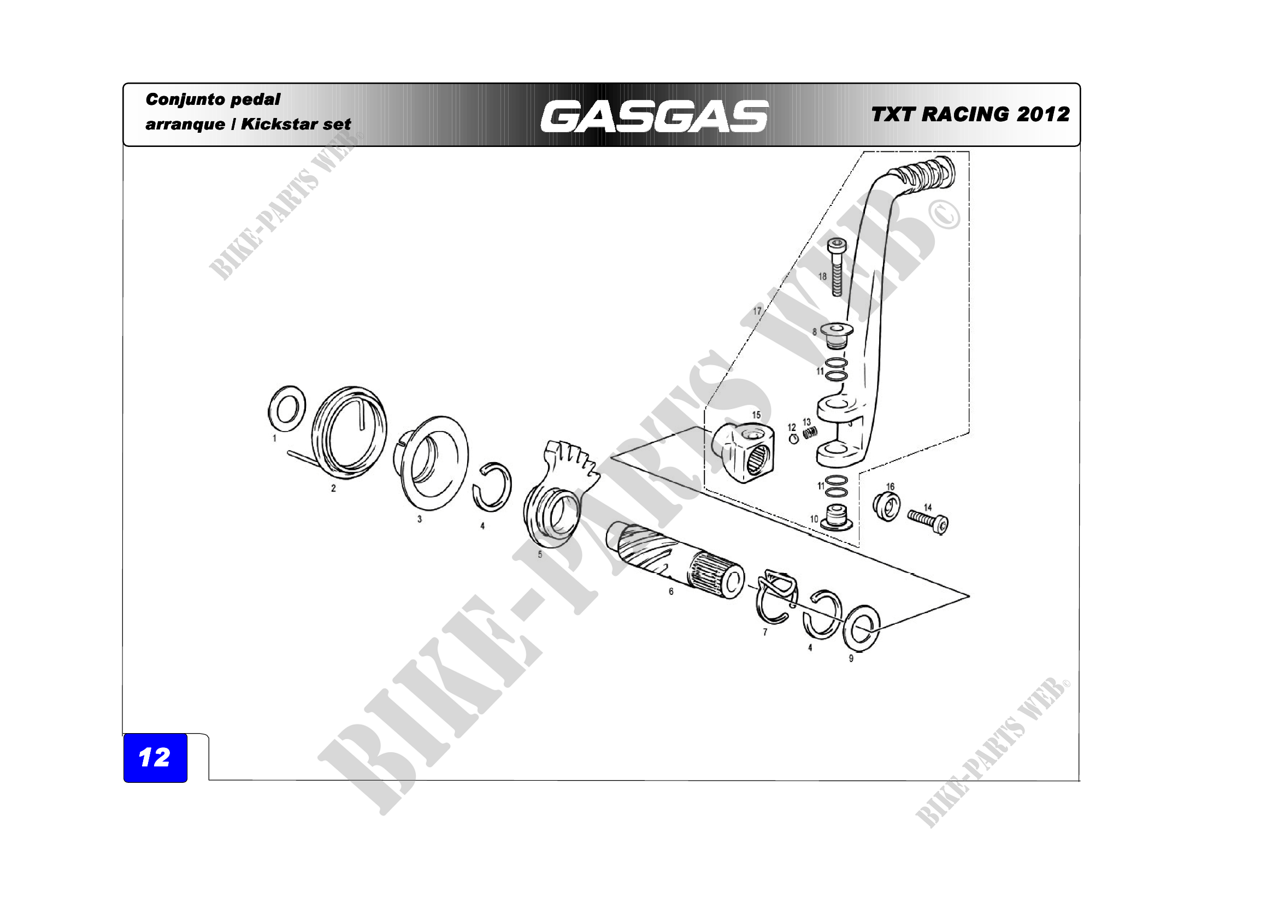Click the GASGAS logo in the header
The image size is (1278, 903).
(x=654, y=116)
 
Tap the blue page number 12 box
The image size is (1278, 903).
(x=155, y=758)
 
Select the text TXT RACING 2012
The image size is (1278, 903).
(x=970, y=114)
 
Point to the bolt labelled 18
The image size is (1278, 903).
(x=837, y=267)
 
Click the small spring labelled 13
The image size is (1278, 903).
(x=810, y=431)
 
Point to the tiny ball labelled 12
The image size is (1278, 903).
(x=794, y=439)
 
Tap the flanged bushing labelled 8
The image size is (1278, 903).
(x=837, y=333)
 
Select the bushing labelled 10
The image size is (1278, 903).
(x=837, y=517)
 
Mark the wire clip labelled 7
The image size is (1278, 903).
(x=776, y=596)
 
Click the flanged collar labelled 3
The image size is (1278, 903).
(x=432, y=463)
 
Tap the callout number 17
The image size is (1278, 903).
(x=757, y=311)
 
